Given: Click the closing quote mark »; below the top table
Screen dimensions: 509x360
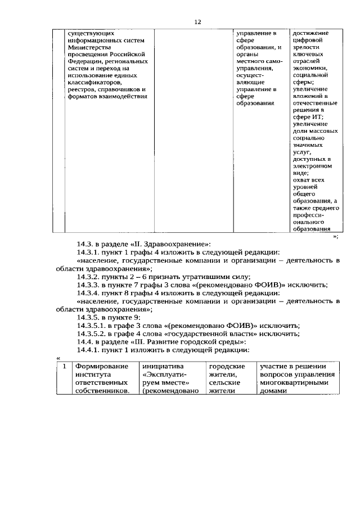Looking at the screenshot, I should (335, 237).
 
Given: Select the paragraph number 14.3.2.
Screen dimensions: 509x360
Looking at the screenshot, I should (90, 277).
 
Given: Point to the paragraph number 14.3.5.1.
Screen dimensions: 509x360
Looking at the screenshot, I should (93, 326).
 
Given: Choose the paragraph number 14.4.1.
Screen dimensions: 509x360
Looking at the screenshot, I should (90, 350).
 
